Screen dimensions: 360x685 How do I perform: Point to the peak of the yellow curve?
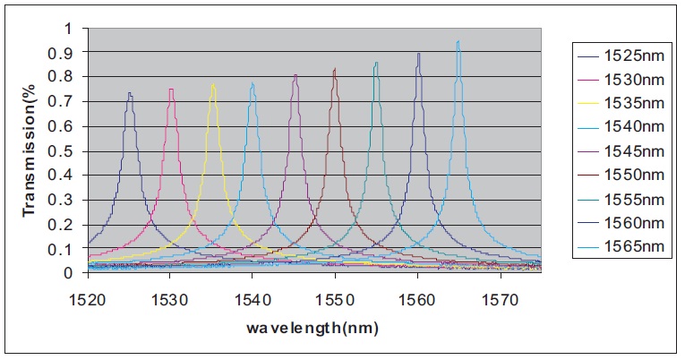coord(213,84)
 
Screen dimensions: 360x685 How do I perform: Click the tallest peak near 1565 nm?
coord(458,41)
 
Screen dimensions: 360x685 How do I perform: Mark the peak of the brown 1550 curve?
coord(335,69)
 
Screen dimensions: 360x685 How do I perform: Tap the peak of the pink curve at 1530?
coord(171,89)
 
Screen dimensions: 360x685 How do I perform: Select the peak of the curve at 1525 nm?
coord(130,92)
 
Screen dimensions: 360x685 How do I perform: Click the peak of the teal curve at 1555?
coord(376,63)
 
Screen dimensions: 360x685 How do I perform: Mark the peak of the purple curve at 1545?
coord(295,75)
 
